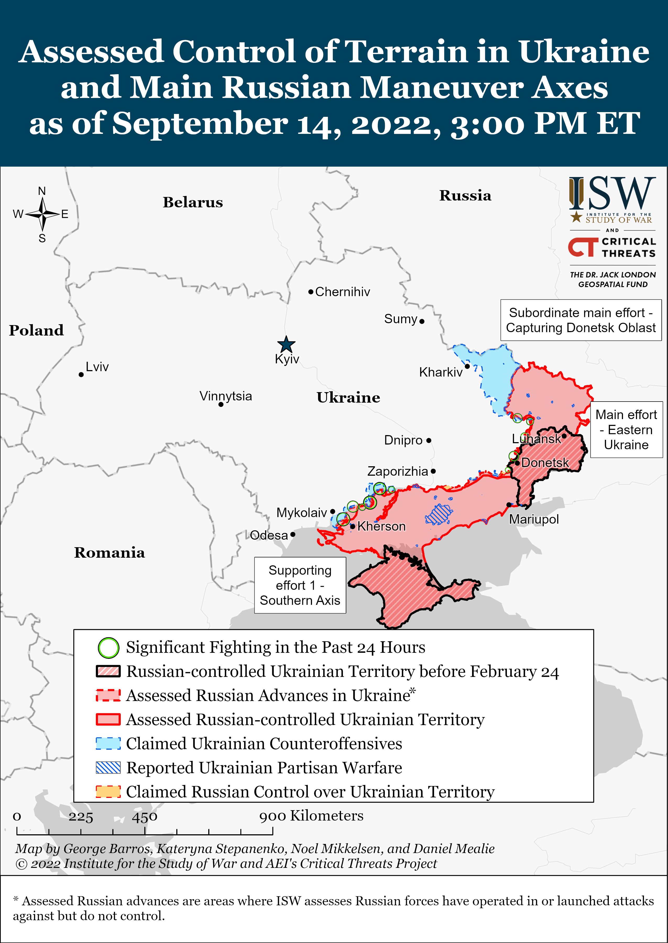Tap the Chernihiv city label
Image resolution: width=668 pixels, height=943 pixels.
(342, 292)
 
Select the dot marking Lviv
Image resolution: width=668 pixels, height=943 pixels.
(81, 375)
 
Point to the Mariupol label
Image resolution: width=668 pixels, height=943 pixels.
(534, 519)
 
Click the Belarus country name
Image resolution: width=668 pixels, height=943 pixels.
(193, 202)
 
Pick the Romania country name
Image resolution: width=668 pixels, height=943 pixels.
(109, 553)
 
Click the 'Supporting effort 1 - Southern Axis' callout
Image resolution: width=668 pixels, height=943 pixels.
(300, 585)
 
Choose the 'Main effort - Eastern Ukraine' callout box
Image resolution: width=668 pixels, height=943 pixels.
(626, 430)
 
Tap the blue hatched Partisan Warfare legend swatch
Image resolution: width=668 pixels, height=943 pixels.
(108, 768)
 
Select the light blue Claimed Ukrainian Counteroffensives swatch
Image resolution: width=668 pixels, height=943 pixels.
(108, 744)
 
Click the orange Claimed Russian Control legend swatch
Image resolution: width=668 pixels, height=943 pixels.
(108, 792)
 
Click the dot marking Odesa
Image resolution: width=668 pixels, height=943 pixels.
(292, 535)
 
